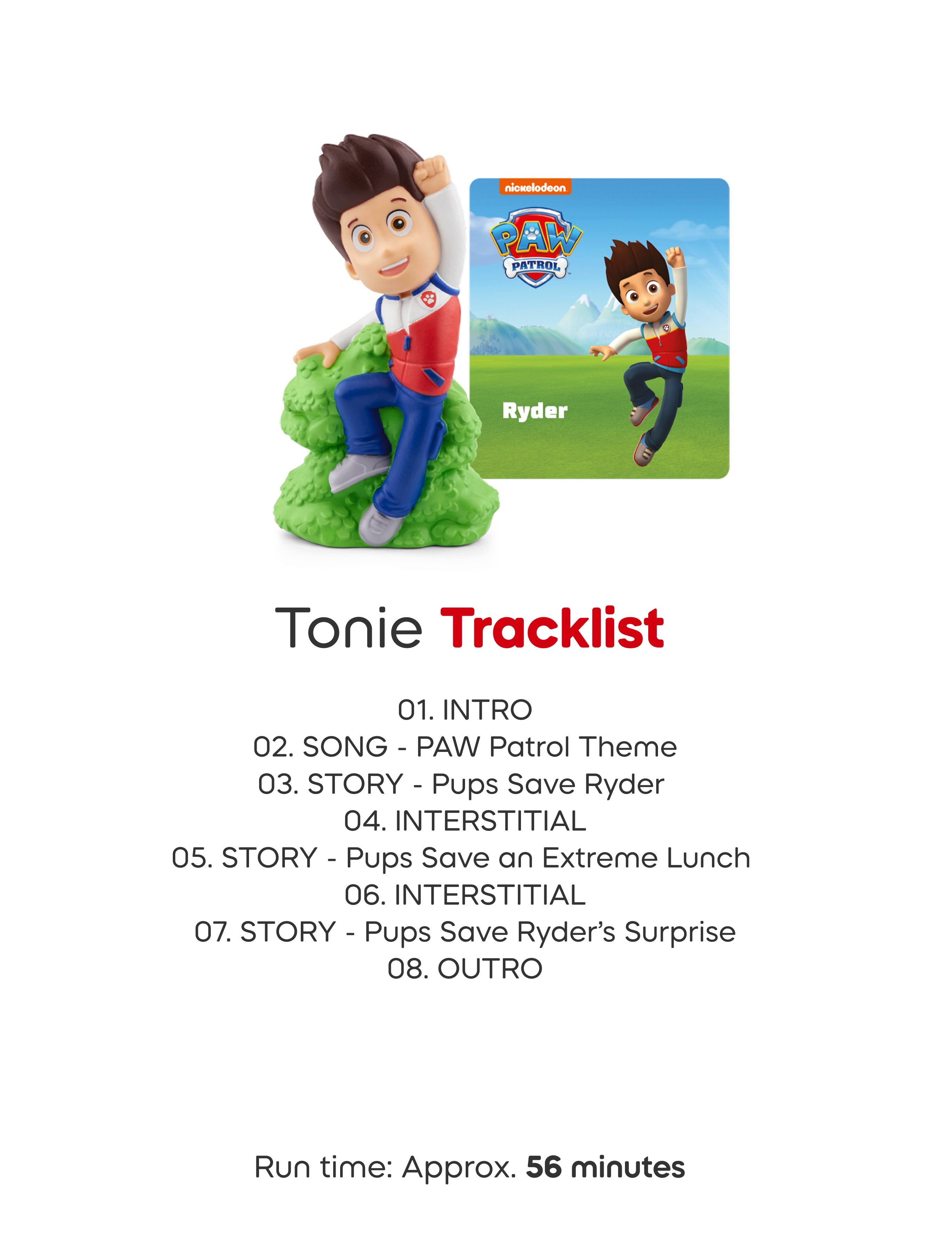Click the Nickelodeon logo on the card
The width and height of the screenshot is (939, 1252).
click(534, 188)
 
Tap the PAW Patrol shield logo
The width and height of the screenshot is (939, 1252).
click(536, 247)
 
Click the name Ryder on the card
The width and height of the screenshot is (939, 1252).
click(534, 411)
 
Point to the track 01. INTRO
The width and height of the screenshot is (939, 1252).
click(465, 710)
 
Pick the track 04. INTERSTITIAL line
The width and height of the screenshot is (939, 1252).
click(465, 821)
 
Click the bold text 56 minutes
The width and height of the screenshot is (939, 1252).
click(605, 1168)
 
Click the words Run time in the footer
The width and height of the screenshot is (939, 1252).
click(323, 1168)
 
